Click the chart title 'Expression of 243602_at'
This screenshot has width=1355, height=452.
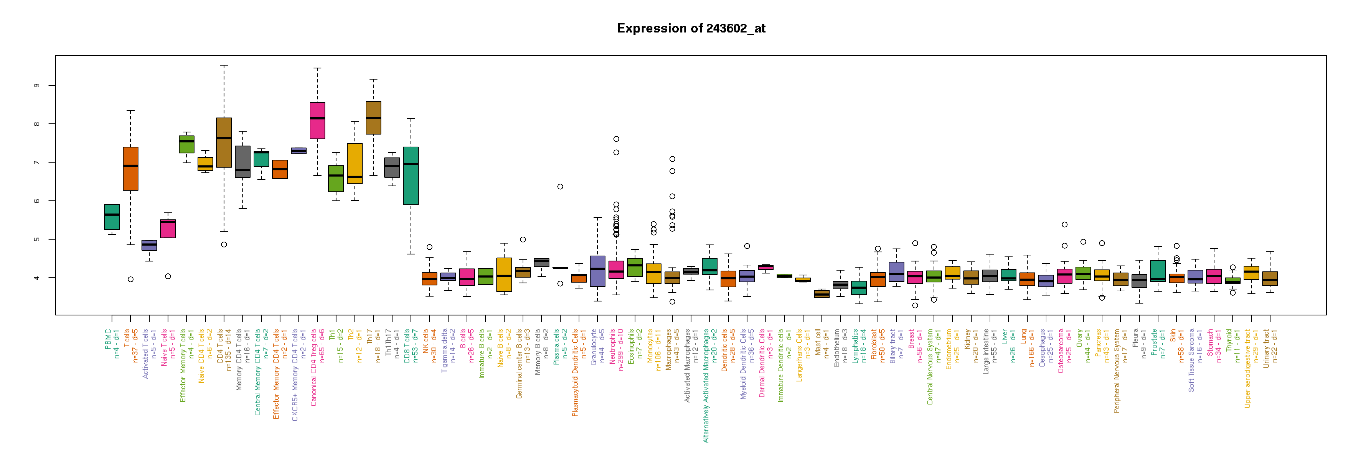[x=691, y=28]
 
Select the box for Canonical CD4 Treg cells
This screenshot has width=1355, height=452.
[x=317, y=120]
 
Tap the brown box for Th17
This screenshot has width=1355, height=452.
[x=374, y=118]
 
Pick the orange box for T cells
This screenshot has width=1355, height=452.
[x=131, y=168]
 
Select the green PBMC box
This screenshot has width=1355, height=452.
[x=112, y=217]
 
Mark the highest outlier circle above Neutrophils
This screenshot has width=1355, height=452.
[x=616, y=139]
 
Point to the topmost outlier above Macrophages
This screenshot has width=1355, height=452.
[x=672, y=159]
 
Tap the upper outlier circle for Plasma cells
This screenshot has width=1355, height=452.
[x=560, y=187]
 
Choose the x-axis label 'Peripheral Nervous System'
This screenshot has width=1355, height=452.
[x=1116, y=371]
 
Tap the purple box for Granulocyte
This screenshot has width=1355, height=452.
[x=598, y=271]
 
